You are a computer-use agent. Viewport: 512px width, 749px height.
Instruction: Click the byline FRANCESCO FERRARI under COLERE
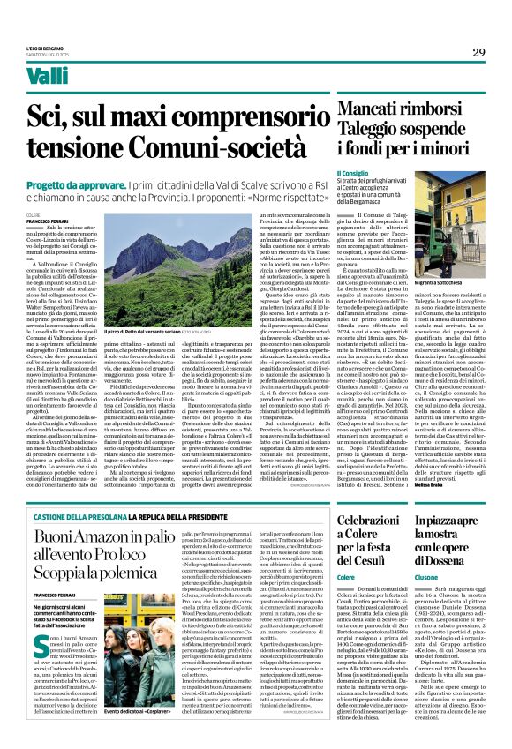point(46,219)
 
